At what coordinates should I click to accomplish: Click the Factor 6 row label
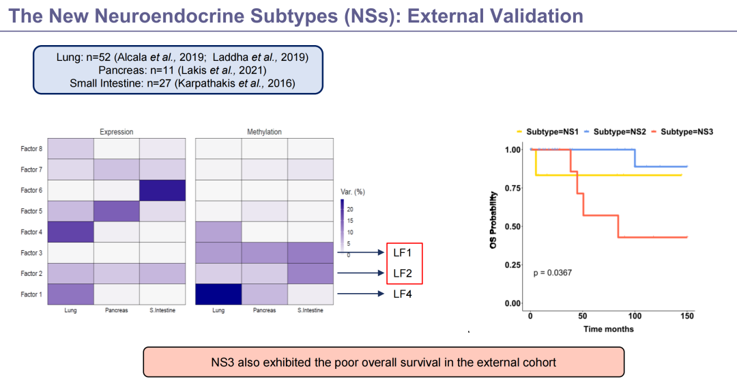31,191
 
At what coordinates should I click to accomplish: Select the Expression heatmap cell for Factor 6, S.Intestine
162,191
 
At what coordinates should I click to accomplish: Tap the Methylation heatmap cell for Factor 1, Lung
218,294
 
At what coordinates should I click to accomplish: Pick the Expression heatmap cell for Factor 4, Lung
70,232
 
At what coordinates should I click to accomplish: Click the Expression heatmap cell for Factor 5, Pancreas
116,211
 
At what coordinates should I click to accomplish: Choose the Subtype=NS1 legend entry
550,131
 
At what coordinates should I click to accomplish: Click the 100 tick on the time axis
635,316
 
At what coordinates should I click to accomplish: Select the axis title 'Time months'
608,329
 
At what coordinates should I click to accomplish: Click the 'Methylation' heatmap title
264,132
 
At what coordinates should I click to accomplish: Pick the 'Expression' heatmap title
117,132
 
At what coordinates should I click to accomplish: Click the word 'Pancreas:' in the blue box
121,70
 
